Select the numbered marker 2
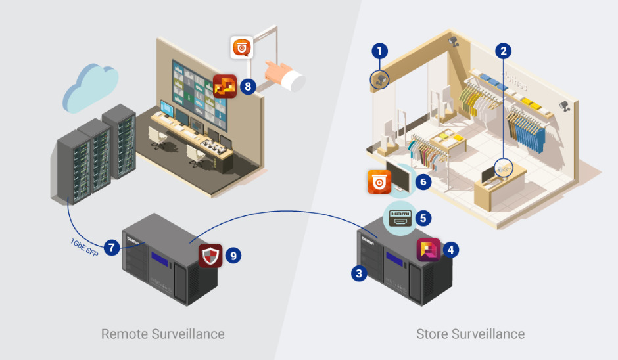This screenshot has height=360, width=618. point(504,50)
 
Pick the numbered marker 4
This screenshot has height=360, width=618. point(450,250)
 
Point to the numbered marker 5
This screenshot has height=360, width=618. point(424,216)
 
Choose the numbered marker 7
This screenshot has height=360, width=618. point(112,248)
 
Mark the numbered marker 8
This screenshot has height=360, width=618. point(247,87)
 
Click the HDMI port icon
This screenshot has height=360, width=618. point(400,216)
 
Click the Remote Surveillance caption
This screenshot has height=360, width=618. point(162,334)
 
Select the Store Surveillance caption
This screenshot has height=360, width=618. point(470,334)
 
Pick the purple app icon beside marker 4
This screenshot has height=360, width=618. point(428,250)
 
